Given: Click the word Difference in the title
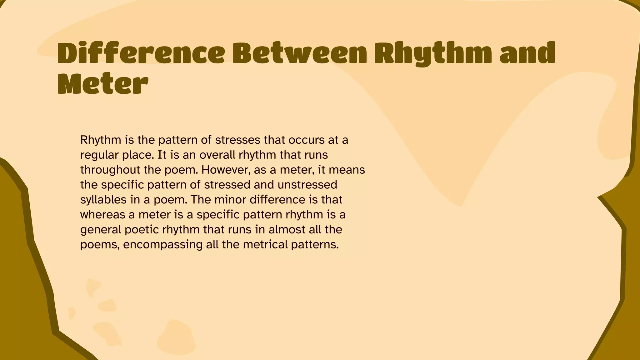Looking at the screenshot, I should pyautogui.click(x=141, y=53).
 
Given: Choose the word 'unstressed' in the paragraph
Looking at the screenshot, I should pyautogui.click(x=307, y=185).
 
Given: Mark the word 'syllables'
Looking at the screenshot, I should pyautogui.click(x=103, y=200).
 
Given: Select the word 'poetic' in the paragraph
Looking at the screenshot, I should pyautogui.click(x=142, y=230).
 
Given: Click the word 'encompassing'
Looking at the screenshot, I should pyautogui.click(x=163, y=245).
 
